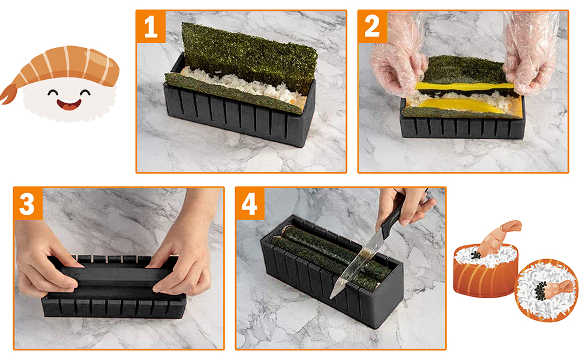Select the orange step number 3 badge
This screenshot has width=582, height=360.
pyautogui.click(x=28, y=203)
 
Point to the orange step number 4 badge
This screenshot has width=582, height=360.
pyautogui.click(x=250, y=203)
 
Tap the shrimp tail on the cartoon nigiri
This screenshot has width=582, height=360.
pyautogui.click(x=9, y=93)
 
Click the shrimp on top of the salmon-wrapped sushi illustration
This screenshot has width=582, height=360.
pyautogui.click(x=498, y=237)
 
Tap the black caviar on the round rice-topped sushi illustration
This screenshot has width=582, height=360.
pyautogui.click(x=540, y=292)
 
